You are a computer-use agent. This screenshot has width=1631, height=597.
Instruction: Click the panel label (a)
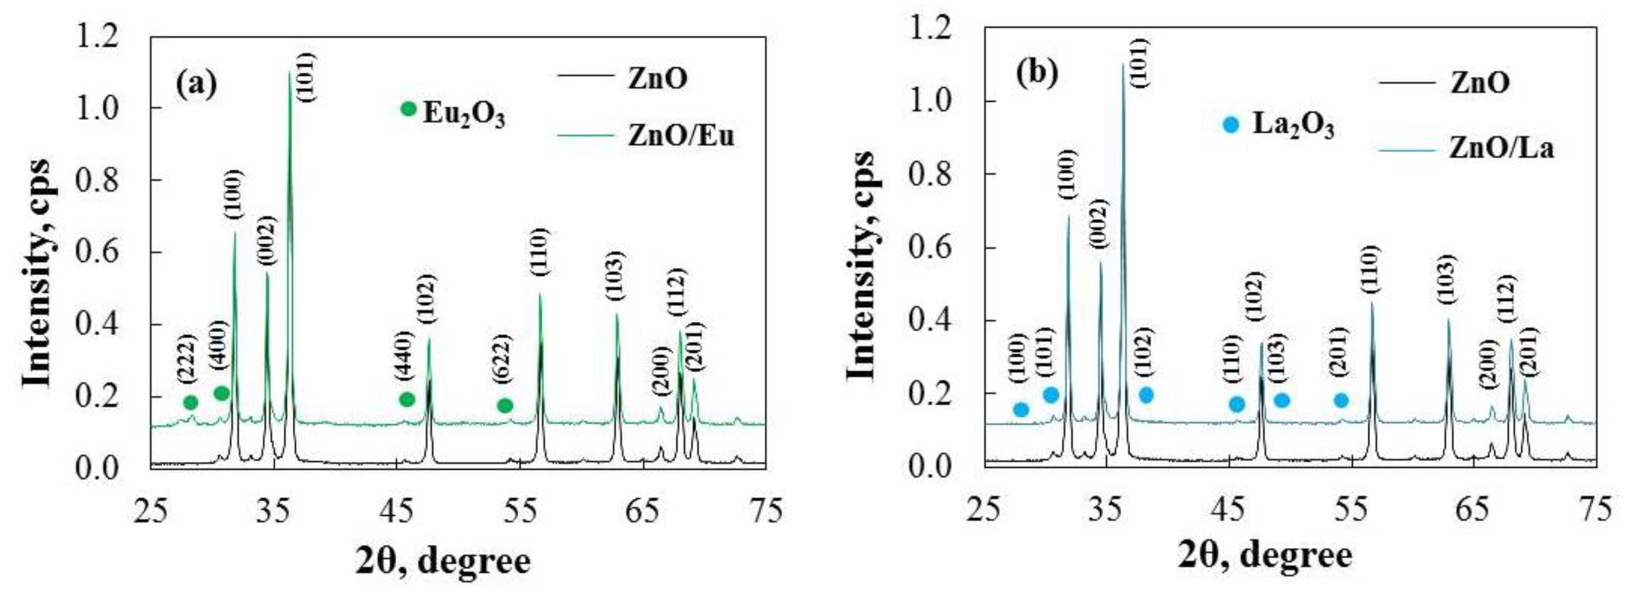coord(196,84)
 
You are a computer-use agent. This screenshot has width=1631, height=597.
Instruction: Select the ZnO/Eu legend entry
coord(681,135)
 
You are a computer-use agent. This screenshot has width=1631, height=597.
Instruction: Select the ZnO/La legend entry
coord(1501,148)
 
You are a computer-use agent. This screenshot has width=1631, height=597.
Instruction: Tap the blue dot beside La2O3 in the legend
coord(1230,125)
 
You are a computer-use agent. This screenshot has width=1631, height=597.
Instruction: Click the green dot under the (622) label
coord(504,405)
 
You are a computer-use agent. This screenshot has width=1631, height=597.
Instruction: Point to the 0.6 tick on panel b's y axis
coord(931,247)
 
